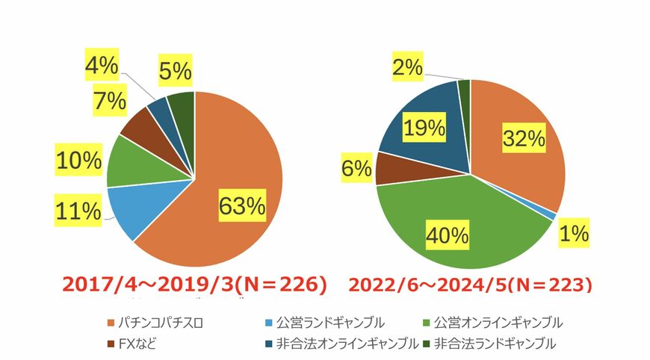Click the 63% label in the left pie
241,205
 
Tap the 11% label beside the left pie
78,212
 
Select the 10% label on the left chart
78,160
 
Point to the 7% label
109,101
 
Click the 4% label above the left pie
101,66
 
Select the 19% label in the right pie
424,128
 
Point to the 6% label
357,169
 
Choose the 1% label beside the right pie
576,234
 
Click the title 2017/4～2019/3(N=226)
194,285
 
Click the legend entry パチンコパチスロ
161,323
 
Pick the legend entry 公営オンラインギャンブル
492,323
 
